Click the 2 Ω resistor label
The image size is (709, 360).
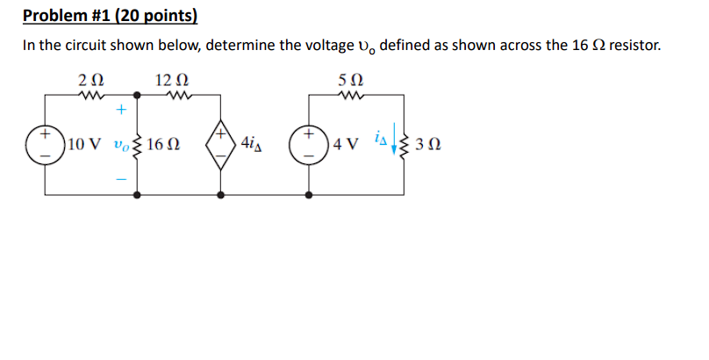91,80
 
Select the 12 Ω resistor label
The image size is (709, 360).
169,80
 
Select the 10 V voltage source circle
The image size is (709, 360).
42,144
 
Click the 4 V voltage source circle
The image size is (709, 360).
310,144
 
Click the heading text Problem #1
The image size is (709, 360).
110,16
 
